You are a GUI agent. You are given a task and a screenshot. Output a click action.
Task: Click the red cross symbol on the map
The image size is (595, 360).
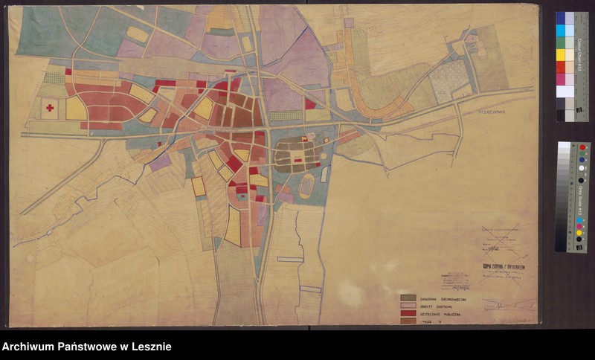click(x=50, y=108)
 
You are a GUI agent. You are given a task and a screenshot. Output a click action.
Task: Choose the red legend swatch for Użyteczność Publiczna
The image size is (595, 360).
click(x=407, y=314)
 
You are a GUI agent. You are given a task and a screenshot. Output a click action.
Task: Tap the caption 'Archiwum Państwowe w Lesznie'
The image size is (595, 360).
click(x=87, y=347)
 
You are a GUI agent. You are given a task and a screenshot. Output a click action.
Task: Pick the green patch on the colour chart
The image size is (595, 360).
click(x=561, y=42)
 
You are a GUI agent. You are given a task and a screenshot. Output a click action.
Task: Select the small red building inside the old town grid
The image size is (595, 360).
click(x=297, y=160)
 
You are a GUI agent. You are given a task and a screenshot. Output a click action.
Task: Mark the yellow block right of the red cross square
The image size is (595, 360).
click(x=76, y=109)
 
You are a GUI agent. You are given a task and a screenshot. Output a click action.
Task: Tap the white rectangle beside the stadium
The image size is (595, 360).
click(x=325, y=174)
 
